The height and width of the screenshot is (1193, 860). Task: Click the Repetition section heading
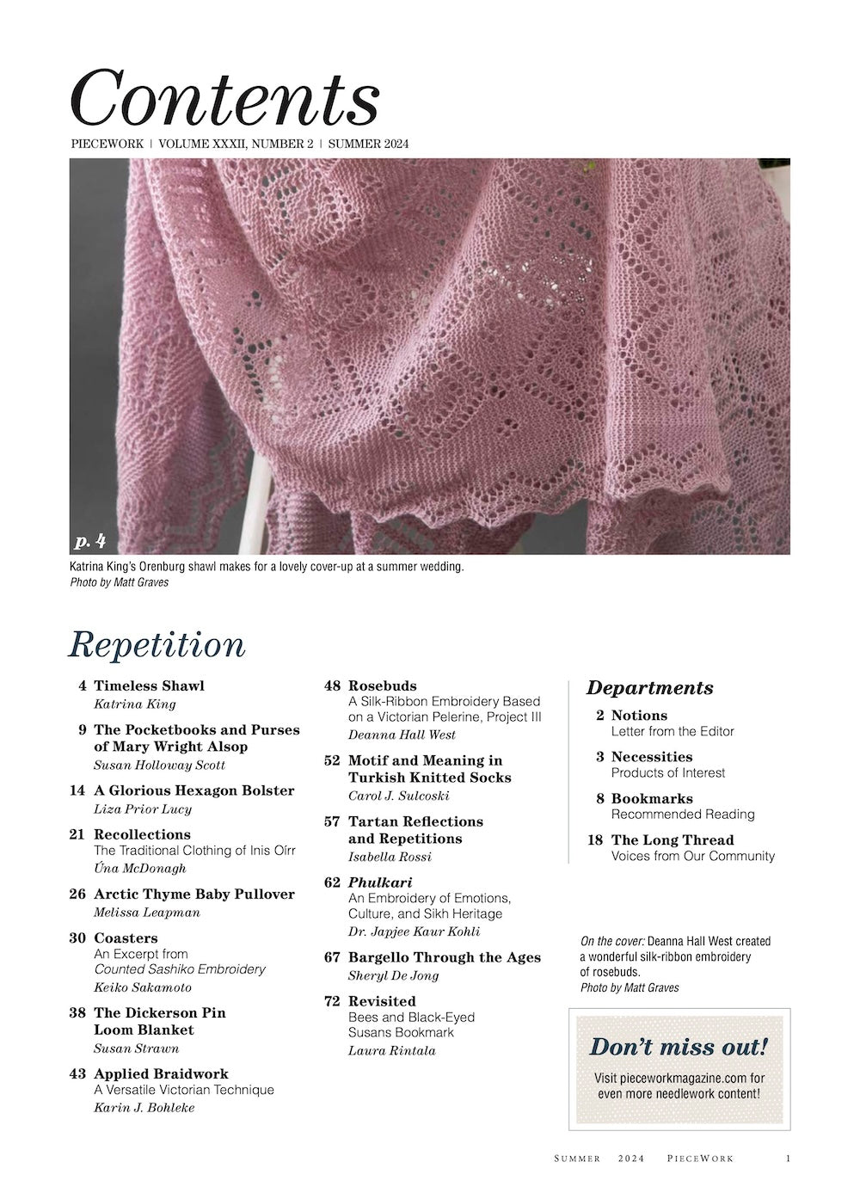(157, 644)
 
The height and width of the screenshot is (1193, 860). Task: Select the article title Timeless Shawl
(149, 686)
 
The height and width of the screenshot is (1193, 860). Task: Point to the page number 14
(77, 790)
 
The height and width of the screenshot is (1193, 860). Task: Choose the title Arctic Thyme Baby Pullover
(193, 894)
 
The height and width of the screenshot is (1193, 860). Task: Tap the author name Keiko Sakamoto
(142, 987)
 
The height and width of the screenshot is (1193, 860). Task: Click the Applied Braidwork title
(161, 1073)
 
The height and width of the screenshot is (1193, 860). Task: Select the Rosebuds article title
(382, 686)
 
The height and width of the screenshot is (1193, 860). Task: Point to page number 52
(332, 760)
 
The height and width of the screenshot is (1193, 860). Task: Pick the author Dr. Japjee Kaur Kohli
(414, 932)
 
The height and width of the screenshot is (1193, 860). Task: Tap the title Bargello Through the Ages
(444, 957)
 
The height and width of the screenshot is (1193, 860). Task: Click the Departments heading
(649, 687)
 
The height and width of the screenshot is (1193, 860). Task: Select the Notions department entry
(639, 715)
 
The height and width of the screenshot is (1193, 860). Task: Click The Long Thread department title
(673, 839)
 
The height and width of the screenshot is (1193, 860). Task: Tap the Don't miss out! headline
(679, 1047)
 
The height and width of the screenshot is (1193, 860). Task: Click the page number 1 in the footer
(788, 1159)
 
